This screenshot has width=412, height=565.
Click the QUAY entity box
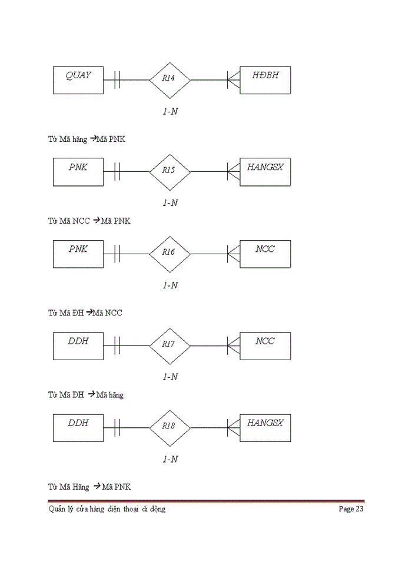pyautogui.click(x=78, y=80)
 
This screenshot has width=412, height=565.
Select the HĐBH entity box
pyautogui.click(x=265, y=80)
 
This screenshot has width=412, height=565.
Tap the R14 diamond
pyautogui.click(x=170, y=79)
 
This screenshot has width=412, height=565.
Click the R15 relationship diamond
pyautogui.click(x=170, y=171)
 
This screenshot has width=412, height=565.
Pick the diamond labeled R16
pyautogui.click(x=170, y=253)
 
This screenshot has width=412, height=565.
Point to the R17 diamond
pyautogui.click(x=170, y=345)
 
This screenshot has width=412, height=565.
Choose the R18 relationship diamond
pyautogui.click(x=170, y=427)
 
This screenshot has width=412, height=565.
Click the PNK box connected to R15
pyautogui.click(x=78, y=172)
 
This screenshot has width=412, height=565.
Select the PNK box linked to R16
pyautogui.click(x=78, y=254)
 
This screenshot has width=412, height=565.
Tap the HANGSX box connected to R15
pyautogui.click(x=265, y=172)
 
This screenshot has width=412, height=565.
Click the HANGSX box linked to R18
pyautogui.click(x=265, y=427)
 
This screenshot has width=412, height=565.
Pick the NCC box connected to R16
pyautogui.click(x=265, y=254)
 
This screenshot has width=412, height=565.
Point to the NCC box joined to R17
pyautogui.click(x=265, y=345)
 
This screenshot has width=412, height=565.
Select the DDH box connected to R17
pyautogui.click(x=78, y=345)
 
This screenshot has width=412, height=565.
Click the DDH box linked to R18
pyautogui.click(x=78, y=427)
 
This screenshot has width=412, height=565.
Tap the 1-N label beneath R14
pyautogui.click(x=170, y=111)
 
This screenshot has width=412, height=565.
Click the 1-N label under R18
pyautogui.click(x=170, y=459)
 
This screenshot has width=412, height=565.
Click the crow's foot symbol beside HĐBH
pyautogui.click(x=234, y=79)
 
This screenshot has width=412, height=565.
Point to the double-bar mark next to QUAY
pyautogui.click(x=117, y=79)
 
